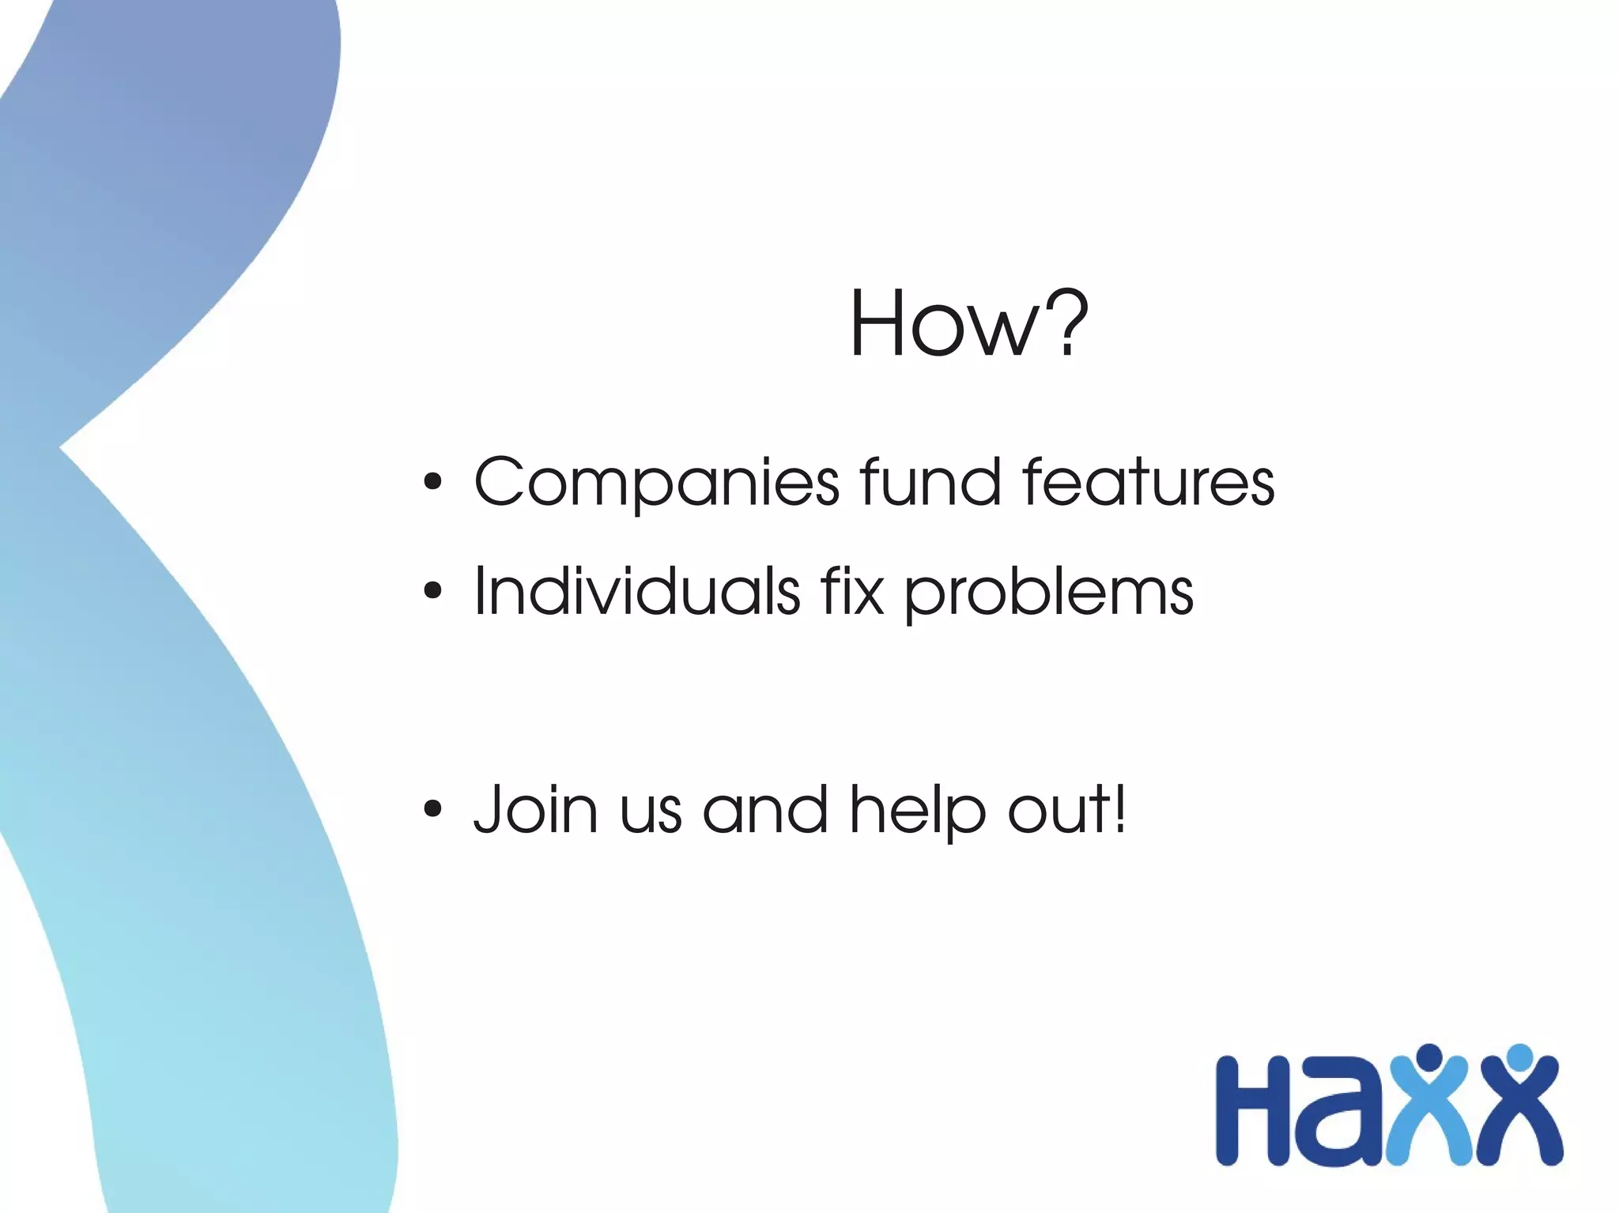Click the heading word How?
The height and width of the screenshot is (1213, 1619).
tap(968, 325)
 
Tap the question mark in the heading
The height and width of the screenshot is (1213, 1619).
tap(1062, 323)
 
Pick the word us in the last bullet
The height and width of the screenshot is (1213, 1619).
tap(650, 813)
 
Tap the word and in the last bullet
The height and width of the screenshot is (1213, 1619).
tap(764, 809)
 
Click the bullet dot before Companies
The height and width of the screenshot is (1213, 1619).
tap(432, 482)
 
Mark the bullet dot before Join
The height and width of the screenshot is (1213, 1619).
tap(432, 809)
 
